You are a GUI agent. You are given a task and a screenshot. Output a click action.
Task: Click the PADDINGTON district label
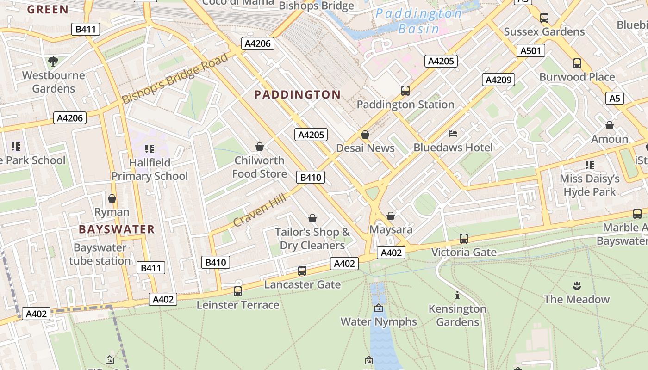[298, 95]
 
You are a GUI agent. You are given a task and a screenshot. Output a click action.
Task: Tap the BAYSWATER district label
[117, 229]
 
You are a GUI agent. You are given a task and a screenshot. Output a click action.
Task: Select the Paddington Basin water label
[418, 21]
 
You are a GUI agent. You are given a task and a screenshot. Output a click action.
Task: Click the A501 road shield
[530, 51]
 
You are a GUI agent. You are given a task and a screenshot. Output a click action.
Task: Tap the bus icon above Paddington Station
[405, 91]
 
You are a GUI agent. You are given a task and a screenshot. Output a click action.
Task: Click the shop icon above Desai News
[365, 135]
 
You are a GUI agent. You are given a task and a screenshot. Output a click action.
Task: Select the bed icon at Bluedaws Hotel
[453, 134]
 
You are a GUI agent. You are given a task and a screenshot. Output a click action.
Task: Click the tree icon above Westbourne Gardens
[53, 61]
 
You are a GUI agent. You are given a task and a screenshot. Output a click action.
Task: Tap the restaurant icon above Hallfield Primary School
[149, 149]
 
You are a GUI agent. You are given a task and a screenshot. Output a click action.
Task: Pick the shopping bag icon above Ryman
[112, 198]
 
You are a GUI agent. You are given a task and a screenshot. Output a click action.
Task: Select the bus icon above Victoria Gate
[463, 239]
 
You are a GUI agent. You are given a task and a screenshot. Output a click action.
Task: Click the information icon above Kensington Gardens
[457, 295]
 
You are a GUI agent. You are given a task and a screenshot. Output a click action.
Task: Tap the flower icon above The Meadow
[577, 285]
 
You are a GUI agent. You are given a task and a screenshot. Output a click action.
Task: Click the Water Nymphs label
[379, 321]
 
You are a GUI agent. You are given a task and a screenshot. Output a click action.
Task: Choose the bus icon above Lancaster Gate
[302, 271]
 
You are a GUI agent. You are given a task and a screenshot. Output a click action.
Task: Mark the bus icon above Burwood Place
[577, 63]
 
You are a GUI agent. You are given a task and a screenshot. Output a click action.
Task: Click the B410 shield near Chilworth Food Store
[311, 178]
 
